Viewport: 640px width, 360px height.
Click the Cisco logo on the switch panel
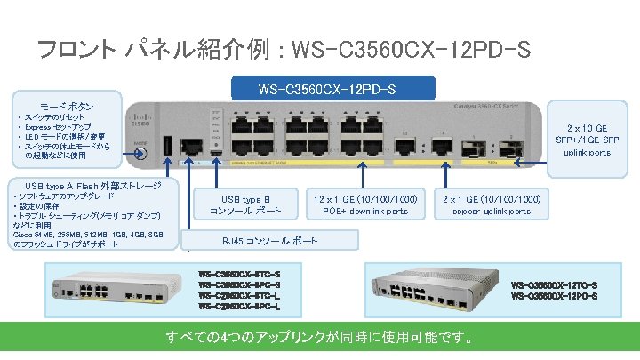pyautogui.click(x=142, y=112)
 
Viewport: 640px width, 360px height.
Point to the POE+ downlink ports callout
pyautogui.click(x=366, y=204)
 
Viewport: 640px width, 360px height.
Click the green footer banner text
pyautogui.click(x=320, y=339)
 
